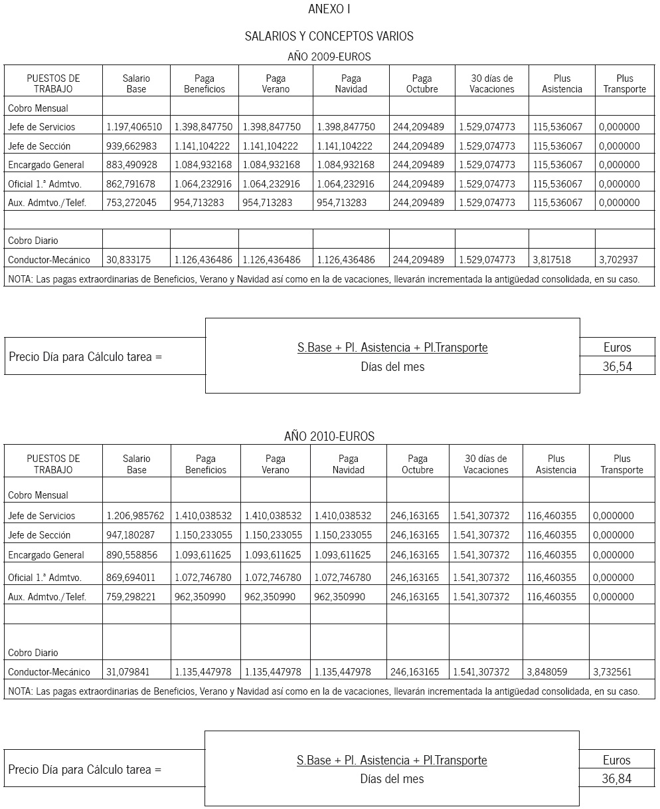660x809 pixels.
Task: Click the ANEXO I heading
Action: coord(329,9)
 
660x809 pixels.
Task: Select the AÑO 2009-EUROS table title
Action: coord(329,57)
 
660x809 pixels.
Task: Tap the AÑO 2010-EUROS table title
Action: coord(329,437)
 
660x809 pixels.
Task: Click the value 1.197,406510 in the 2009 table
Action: coord(134,127)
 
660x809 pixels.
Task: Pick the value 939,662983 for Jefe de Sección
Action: coord(131,146)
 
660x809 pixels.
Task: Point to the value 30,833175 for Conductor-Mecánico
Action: coord(129,260)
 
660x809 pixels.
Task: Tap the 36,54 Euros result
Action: coord(618,366)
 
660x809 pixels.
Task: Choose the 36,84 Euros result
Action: coord(617,779)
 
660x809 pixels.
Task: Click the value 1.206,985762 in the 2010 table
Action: coord(135,515)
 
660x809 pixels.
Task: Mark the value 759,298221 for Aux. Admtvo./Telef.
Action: coord(131,597)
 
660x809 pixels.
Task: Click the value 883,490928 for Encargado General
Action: coord(131,165)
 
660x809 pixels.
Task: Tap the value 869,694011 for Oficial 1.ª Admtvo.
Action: coord(131,578)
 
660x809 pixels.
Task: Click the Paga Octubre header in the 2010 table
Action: coord(418,464)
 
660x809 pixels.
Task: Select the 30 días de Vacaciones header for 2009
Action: coord(492,84)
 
